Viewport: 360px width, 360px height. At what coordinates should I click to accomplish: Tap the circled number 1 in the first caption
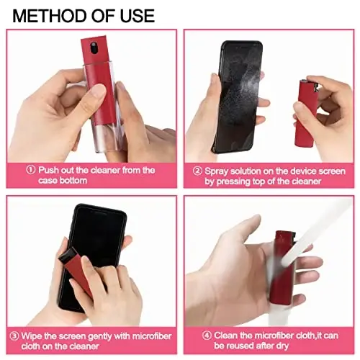(30, 170)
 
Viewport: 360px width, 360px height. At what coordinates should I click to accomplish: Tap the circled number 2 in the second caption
(197, 171)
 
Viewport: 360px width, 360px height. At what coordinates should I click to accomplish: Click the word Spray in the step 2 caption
(217, 171)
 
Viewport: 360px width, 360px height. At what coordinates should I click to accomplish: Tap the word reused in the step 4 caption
(242, 346)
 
